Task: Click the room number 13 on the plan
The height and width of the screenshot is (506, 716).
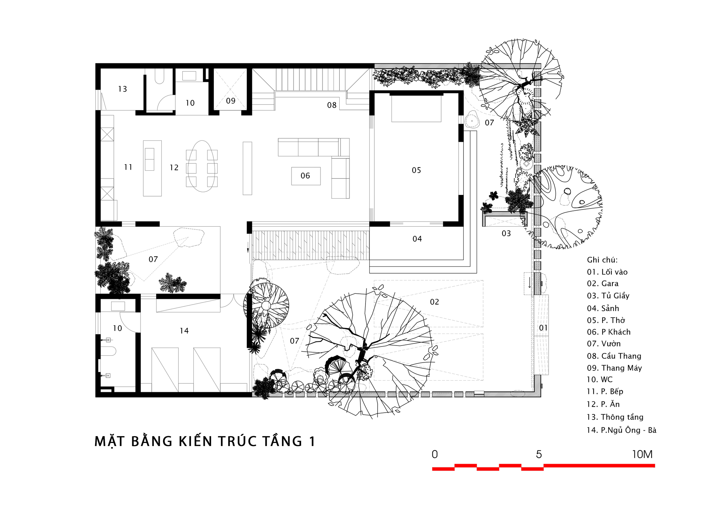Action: click(x=122, y=89)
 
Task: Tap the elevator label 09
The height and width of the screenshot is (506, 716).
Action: click(x=231, y=101)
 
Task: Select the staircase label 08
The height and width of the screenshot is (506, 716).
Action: click(x=332, y=105)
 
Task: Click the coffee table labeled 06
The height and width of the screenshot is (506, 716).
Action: click(x=306, y=176)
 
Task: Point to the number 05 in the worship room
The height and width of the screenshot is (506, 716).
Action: click(x=416, y=170)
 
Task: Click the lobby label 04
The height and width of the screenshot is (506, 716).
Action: click(x=417, y=239)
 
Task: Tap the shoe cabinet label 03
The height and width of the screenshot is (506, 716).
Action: click(x=506, y=233)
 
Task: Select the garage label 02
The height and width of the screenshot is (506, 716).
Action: click(x=434, y=302)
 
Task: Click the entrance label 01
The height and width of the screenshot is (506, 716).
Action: click(x=543, y=328)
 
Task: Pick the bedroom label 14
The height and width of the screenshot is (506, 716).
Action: click(x=184, y=331)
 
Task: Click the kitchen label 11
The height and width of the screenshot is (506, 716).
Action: click(x=128, y=167)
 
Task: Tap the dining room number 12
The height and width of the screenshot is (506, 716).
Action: click(x=174, y=168)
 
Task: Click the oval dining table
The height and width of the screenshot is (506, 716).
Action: click(x=202, y=166)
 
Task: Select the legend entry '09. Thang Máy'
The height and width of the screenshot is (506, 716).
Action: click(x=614, y=368)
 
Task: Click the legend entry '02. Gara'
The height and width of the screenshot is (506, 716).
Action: click(x=602, y=283)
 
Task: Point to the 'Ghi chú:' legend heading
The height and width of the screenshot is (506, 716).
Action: click(x=602, y=260)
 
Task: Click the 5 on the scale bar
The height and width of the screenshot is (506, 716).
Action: click(x=539, y=455)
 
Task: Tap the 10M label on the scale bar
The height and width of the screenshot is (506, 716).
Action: click(x=642, y=455)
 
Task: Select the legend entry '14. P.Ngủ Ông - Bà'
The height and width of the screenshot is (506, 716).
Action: click(x=622, y=430)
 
